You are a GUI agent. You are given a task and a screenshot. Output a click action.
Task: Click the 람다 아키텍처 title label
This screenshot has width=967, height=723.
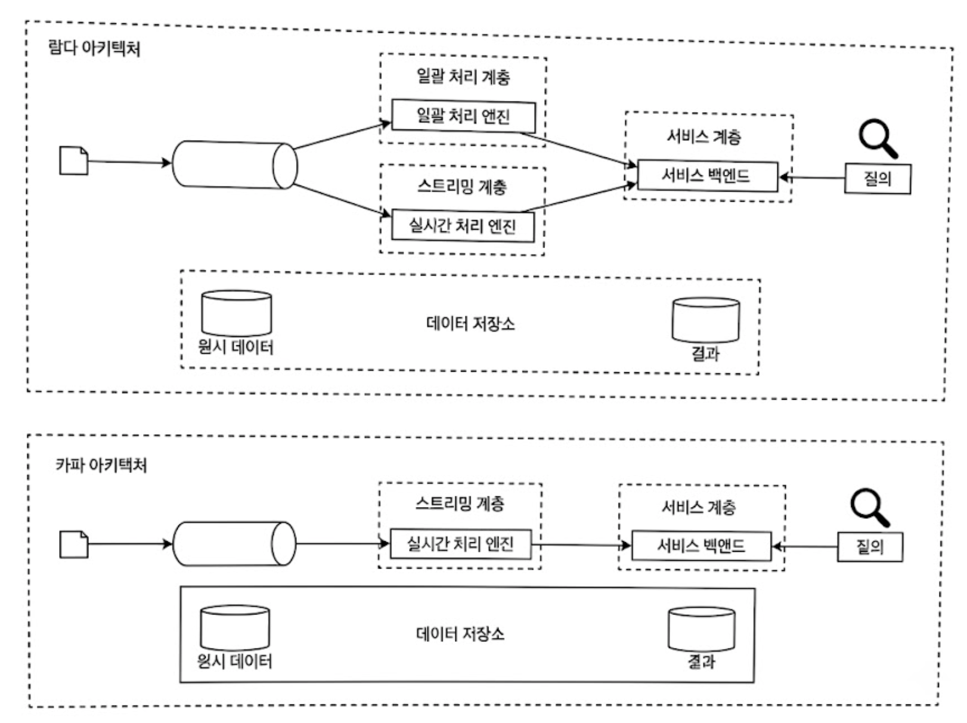(x=94, y=48)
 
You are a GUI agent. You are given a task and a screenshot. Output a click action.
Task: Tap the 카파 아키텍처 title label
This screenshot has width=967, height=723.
(x=101, y=465)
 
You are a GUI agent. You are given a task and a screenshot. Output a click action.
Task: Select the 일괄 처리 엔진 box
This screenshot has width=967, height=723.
(x=463, y=116)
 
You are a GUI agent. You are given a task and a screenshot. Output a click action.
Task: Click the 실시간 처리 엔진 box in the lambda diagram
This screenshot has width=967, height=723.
(x=463, y=226)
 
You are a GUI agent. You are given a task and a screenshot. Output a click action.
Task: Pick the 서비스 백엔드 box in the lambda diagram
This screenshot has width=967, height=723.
(x=708, y=176)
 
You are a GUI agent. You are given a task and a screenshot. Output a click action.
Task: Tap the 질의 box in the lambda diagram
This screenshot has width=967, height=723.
(x=878, y=178)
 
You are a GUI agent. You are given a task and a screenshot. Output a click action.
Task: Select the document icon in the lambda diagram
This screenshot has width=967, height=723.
(x=73, y=160)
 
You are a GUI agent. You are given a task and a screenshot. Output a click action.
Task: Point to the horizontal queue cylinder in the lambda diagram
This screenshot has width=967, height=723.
(x=234, y=165)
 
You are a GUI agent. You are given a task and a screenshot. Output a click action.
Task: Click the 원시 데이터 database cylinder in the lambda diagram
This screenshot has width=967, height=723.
(x=237, y=313)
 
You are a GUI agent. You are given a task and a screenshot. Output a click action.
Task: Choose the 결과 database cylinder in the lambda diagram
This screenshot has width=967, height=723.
(x=705, y=320)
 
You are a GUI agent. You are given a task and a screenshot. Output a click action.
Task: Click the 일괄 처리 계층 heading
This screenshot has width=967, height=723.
(x=463, y=77)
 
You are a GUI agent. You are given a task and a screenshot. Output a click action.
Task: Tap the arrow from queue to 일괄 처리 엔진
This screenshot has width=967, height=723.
(x=342, y=136)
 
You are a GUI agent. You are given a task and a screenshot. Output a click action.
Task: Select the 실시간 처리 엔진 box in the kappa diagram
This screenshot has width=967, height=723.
(x=461, y=544)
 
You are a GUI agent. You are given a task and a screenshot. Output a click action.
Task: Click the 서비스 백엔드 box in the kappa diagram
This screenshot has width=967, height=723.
(x=701, y=546)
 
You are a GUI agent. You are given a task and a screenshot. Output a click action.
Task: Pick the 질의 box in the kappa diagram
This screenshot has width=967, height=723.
(x=870, y=546)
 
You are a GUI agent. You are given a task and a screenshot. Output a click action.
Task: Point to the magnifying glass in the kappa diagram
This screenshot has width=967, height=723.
(x=870, y=508)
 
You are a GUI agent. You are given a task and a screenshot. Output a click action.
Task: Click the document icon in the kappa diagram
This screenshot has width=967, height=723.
(x=73, y=544)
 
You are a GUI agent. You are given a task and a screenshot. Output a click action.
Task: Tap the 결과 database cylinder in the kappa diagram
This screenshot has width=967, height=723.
(x=701, y=629)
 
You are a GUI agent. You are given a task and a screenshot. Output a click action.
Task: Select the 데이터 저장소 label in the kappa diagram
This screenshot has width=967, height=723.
(x=460, y=634)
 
